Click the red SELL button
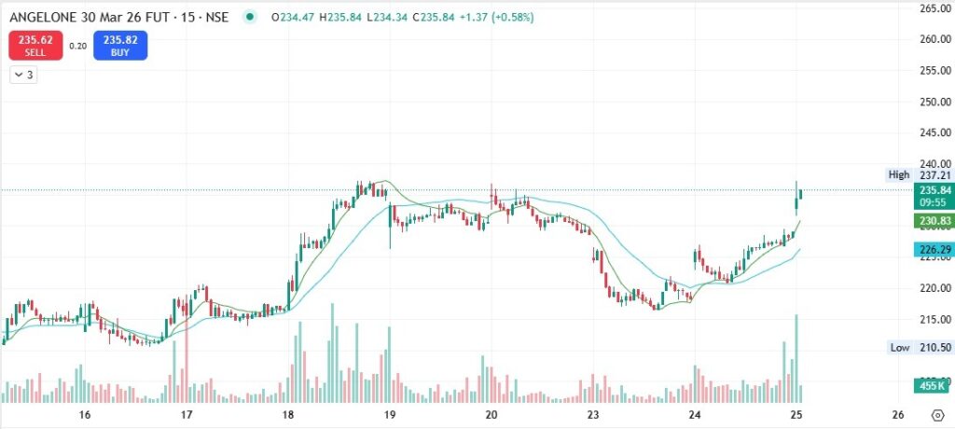(x=35, y=46)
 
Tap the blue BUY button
(x=120, y=46)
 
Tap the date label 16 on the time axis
(x=85, y=415)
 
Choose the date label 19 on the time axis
(x=390, y=415)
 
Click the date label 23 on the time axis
(x=593, y=415)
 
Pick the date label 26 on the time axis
(x=898, y=415)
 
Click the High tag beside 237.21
(x=899, y=175)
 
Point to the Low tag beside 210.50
(x=900, y=347)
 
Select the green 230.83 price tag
(x=934, y=221)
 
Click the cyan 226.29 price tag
(x=934, y=249)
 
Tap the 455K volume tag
(x=933, y=386)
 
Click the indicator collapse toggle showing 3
(x=23, y=75)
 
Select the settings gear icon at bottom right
(x=938, y=416)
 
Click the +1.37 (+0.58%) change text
(x=496, y=17)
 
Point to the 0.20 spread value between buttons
(x=77, y=46)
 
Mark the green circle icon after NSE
(x=248, y=17)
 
